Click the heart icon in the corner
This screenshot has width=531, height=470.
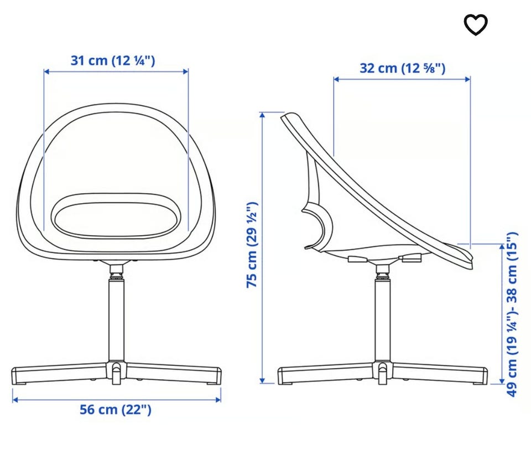click(x=476, y=25)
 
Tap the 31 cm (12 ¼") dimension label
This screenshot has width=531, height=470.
click(x=113, y=61)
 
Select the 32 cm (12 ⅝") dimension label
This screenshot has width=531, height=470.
click(x=402, y=68)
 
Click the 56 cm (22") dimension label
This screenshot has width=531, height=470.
click(x=116, y=410)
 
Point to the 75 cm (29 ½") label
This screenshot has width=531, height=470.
click(x=252, y=245)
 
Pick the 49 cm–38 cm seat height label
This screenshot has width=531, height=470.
click(x=512, y=314)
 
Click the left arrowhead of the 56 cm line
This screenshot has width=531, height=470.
click(x=15, y=400)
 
